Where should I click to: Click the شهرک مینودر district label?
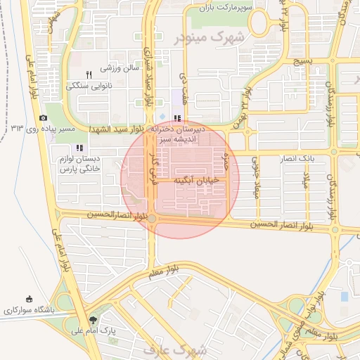click(210, 37)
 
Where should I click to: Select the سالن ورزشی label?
click(120, 69)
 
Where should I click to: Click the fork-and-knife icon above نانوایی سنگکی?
click(89, 75)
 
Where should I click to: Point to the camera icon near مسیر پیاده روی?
click(44, 117)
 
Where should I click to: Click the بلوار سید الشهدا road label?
click(117, 130)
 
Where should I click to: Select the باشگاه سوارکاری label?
click(27, 310)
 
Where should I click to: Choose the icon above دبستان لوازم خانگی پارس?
click(79, 148)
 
